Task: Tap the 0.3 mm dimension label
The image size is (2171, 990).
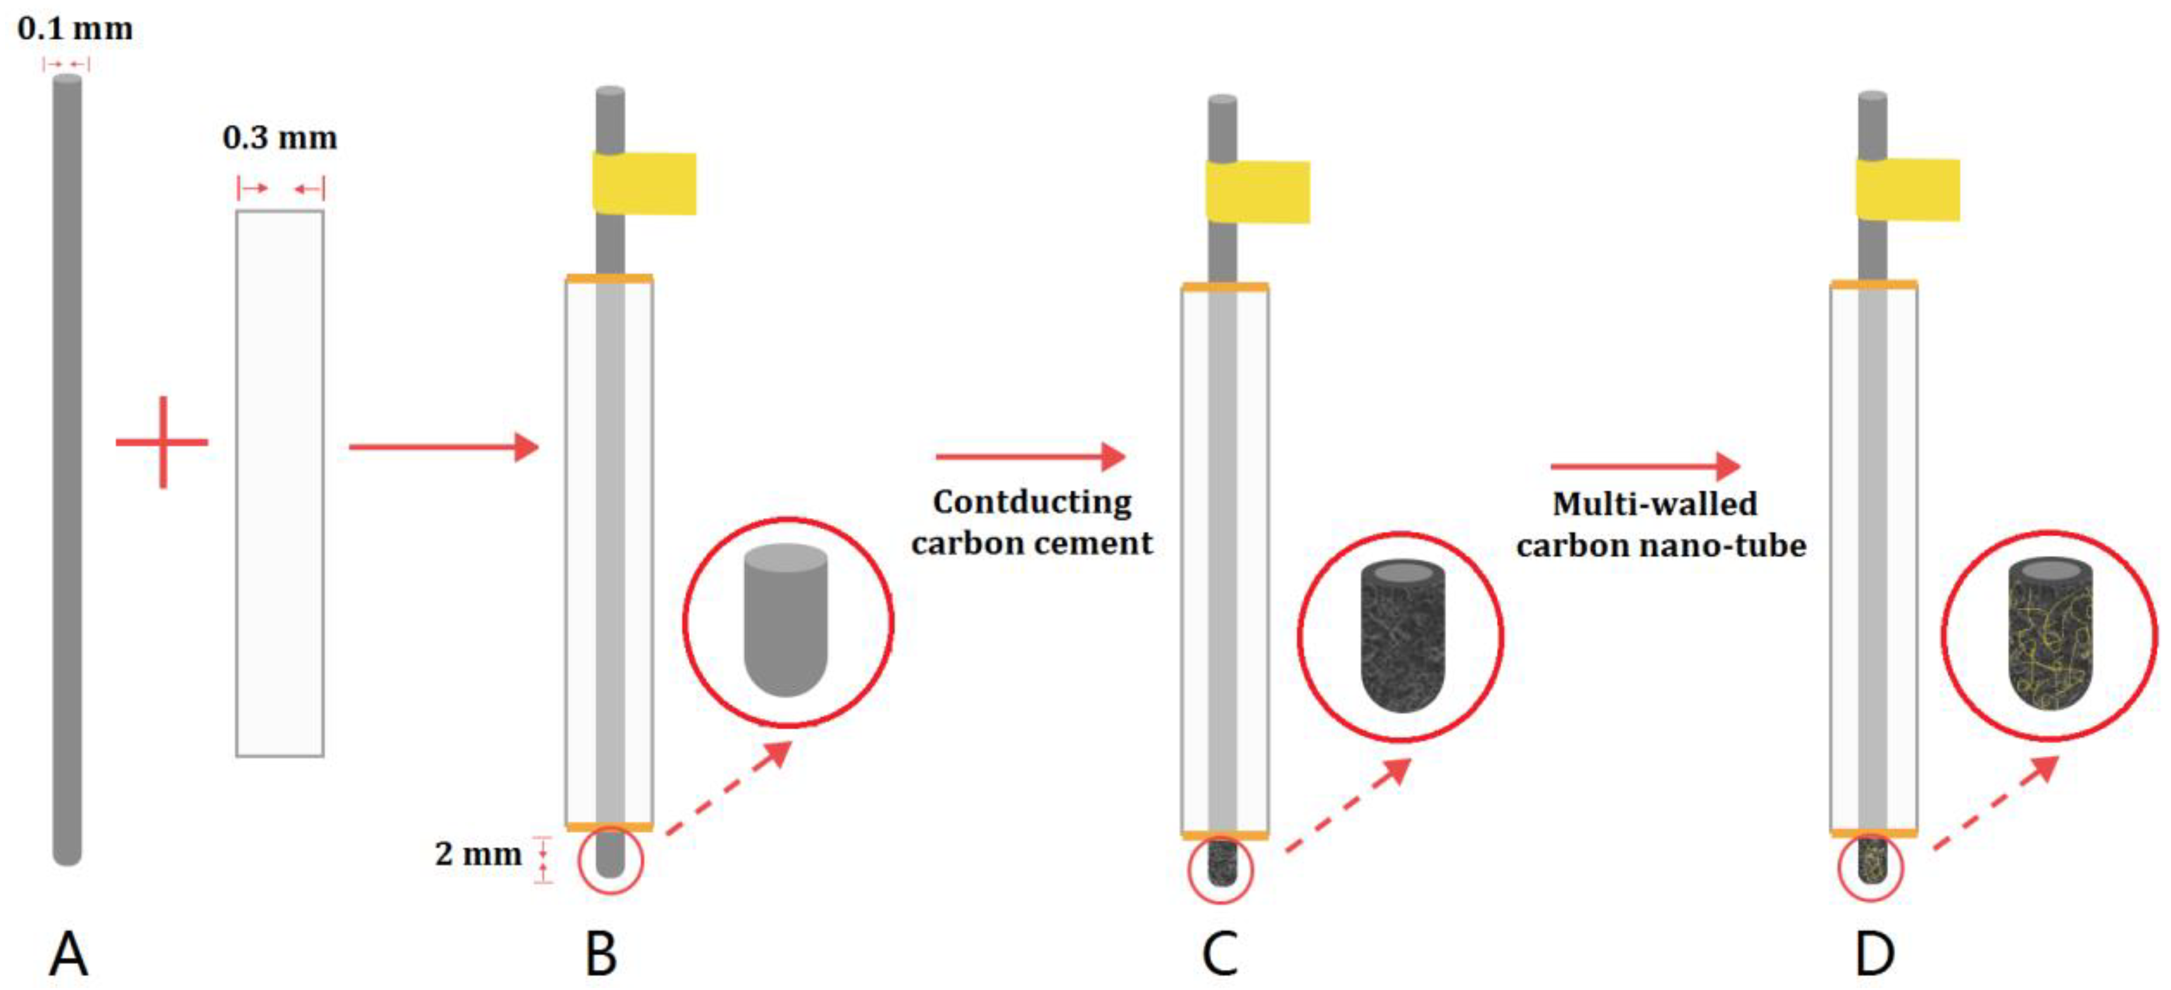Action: (280, 137)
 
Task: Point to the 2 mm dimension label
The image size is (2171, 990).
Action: (478, 855)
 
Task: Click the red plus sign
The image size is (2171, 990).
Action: (162, 442)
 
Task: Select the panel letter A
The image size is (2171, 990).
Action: (68, 955)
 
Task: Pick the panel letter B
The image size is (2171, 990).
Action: (601, 955)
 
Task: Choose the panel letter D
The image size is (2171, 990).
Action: (1874, 955)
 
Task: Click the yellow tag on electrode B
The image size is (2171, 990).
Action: (645, 183)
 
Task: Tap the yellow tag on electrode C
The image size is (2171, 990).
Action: (1258, 192)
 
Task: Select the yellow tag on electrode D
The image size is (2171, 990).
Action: (1908, 190)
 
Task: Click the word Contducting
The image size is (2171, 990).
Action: (1032, 502)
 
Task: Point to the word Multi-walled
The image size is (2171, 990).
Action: (1655, 504)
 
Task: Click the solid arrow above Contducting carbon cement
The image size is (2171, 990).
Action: (1030, 457)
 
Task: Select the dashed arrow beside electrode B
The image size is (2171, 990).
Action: (729, 789)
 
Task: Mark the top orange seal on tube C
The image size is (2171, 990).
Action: (1225, 287)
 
